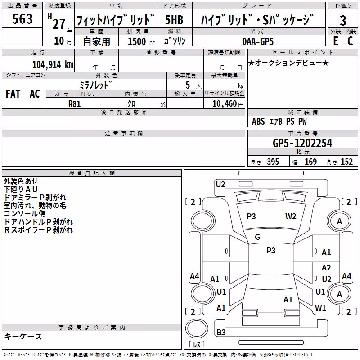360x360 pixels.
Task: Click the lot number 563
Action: coord(22,18)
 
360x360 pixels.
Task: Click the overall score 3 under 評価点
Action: coord(343,21)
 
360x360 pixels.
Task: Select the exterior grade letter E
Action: coord(335,41)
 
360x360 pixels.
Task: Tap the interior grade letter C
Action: coord(350,41)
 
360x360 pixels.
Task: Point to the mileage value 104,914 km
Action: coord(53,65)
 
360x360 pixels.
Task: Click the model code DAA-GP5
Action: coord(258,41)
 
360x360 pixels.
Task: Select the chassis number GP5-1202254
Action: coord(302,143)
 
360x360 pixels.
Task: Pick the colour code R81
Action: coord(75,104)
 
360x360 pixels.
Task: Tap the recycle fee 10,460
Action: coord(225,104)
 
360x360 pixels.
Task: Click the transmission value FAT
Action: coord(13,94)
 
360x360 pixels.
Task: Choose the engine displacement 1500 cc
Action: coord(141,41)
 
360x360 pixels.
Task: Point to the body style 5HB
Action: coord(174,20)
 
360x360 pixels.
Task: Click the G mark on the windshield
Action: coord(257,237)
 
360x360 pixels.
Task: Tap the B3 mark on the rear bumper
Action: coord(221,332)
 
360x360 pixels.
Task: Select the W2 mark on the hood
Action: coord(291,216)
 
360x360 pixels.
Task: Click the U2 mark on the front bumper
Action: coord(220,184)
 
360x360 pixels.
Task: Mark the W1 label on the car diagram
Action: coord(320,308)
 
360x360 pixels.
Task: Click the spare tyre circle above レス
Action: coord(197,328)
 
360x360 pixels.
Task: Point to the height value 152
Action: coord(346,162)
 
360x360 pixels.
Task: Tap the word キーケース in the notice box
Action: coord(23,337)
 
